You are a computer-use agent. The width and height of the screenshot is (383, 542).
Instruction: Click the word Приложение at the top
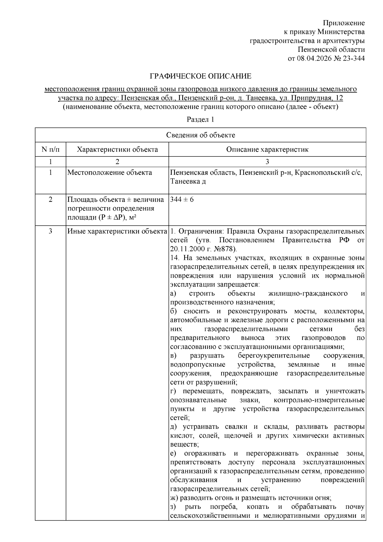[x=344, y=23]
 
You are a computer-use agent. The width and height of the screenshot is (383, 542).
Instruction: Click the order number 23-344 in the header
[x=353, y=58]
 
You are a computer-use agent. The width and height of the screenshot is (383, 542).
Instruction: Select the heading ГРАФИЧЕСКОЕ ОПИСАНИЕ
[x=201, y=76]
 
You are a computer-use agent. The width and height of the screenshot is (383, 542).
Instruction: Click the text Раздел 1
[x=200, y=120]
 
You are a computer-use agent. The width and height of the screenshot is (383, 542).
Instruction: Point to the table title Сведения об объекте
[x=200, y=135]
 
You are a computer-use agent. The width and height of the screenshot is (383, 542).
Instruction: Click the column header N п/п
[x=50, y=149]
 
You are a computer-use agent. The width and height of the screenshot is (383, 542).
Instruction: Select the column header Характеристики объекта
[x=117, y=149]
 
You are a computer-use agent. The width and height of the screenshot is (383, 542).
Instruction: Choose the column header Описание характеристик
[x=267, y=149]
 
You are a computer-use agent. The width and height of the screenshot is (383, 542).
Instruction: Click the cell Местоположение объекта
[x=110, y=173]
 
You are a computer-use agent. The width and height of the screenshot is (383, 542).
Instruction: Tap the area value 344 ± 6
[x=182, y=199]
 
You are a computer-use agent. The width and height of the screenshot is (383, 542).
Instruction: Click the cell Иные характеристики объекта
[x=117, y=231]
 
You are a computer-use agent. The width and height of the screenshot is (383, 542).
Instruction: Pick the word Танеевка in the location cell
[x=184, y=182]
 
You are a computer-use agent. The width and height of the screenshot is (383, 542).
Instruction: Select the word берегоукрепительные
[x=274, y=356]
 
